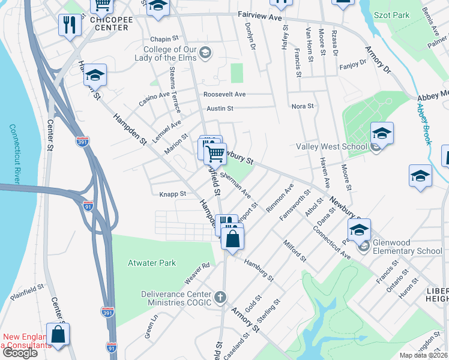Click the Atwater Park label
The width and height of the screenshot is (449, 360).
coord(152,263)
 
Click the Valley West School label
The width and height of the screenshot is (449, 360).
coord(331,146)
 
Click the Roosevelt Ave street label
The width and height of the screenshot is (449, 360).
coord(224,94)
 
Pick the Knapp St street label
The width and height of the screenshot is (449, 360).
coord(173,194)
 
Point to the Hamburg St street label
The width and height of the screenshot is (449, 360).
coord(259,270)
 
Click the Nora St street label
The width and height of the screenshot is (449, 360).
coord(303,106)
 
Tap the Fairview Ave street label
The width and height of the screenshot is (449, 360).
coord(259,18)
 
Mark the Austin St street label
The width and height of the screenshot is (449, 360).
coord(220,109)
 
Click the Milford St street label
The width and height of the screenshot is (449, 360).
coord(295,250)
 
